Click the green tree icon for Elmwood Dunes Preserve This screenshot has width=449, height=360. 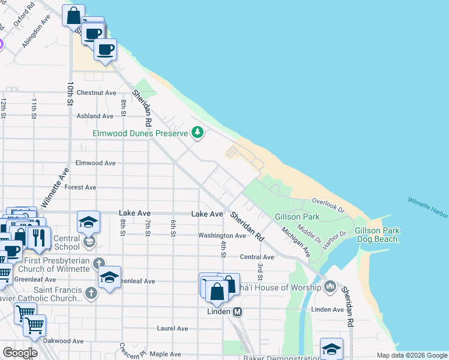(x=197, y=133)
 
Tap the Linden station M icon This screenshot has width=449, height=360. (x=238, y=312)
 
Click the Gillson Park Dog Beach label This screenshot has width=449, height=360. (x=376, y=235)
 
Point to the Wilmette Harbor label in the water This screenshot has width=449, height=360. (x=427, y=207)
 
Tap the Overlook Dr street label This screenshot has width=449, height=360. (x=328, y=206)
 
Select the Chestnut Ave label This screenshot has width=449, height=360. (x=96, y=93)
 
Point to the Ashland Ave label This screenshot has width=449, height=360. (x=95, y=116)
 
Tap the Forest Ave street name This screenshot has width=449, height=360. (x=80, y=187)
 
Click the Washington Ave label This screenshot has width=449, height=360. (x=223, y=236)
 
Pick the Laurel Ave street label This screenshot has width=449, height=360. (x=172, y=328)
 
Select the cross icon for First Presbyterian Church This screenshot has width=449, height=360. (x=98, y=263)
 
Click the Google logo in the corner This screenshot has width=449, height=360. (x=19, y=353)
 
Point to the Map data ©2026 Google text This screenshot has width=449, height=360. (x=411, y=355)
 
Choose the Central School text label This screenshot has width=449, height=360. (x=66, y=242)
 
